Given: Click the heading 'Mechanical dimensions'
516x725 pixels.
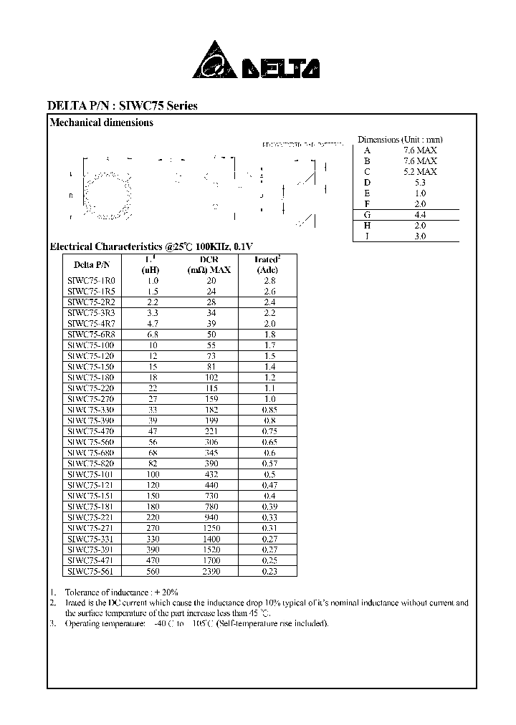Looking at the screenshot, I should pos(101,123).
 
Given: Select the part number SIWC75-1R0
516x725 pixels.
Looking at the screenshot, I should pos(91,281).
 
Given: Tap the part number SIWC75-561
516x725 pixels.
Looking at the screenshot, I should pos(91,571).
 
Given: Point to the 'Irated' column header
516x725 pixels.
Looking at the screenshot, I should pos(267,259).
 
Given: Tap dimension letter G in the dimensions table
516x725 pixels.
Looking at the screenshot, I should pos(367,214).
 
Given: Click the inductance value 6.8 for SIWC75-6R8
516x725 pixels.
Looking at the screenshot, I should pos(152,335).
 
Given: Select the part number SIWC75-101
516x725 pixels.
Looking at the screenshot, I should pos(91,474).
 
